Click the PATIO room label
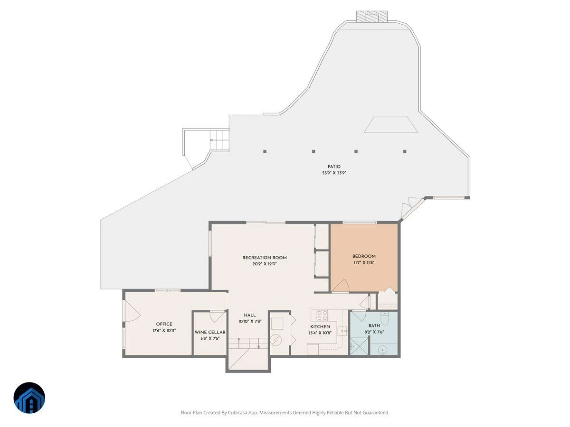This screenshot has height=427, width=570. tap(334, 167)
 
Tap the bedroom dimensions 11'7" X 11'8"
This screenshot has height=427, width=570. tap(364, 262)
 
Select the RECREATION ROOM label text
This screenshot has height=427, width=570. tap(265, 258)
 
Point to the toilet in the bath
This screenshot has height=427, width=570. tap(384, 318)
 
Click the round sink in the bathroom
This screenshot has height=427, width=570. tap(382, 351)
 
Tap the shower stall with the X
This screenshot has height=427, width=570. tap(359, 346)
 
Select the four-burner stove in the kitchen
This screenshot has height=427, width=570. tap(322, 316)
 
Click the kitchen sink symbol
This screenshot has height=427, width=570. tap(342, 331)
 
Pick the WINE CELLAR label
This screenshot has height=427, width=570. tap(210, 332)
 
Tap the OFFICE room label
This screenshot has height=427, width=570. tap(164, 324)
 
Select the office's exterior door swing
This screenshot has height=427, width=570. tap(133, 311)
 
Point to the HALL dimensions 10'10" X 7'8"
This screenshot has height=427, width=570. tap(249, 322)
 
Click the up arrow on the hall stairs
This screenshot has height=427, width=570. tap(239, 343)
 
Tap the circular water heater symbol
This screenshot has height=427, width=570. tap(275, 340)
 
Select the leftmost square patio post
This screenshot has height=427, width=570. tap(265, 151)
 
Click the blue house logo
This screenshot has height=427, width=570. tap(29, 398)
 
